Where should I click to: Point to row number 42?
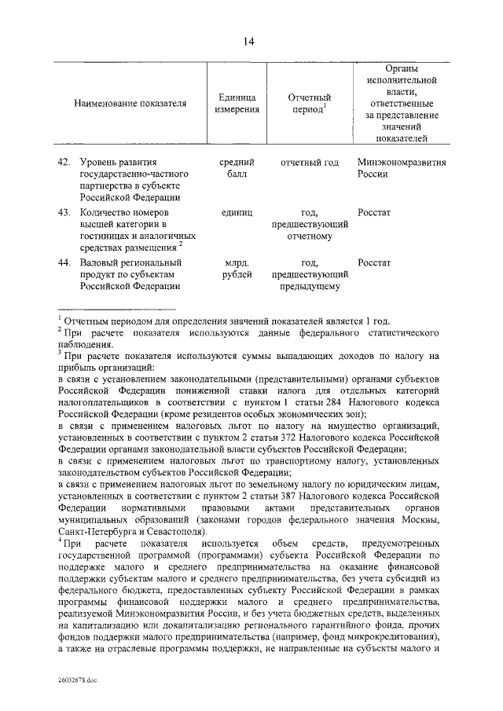64,163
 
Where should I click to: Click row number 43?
64,213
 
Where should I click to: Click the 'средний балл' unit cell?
237,168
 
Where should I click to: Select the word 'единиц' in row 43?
237,213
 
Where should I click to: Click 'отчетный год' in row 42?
310,163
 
